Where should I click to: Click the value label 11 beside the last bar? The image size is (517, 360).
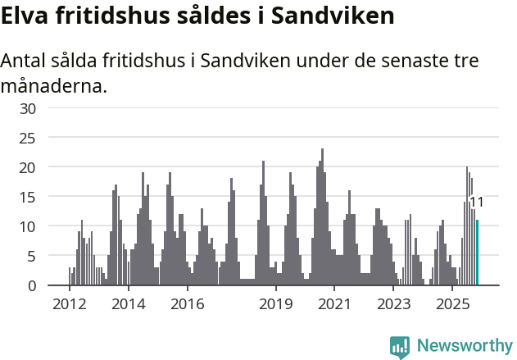point(477,202)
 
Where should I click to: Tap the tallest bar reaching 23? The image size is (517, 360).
point(322,217)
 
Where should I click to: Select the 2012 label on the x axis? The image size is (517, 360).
point(69,304)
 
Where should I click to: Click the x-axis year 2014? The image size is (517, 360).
point(128,304)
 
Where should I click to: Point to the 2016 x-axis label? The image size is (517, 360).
point(188,304)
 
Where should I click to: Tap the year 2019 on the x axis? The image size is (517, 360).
point(276,304)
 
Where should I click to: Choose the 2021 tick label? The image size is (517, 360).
point(335,304)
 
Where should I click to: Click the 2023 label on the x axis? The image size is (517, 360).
point(394,304)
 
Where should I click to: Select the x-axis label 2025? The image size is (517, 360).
point(453,304)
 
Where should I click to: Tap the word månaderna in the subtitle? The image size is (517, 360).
point(54,84)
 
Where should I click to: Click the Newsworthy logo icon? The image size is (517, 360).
point(400,346)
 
